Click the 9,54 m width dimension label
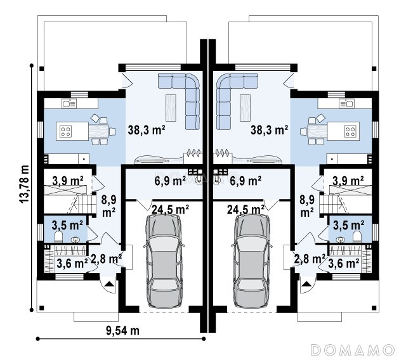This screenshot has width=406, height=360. (x=122, y=330)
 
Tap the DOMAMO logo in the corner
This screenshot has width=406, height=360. (x=353, y=350)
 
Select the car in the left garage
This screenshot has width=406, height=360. (x=164, y=260)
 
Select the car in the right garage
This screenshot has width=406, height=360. (x=252, y=260)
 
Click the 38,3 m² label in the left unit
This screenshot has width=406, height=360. (x=147, y=130)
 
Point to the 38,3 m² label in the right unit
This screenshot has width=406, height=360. (x=269, y=130)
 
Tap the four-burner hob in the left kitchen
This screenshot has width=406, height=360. (x=65, y=131)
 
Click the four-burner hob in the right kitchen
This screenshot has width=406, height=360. (x=350, y=131)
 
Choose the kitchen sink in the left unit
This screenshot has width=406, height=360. (x=69, y=104)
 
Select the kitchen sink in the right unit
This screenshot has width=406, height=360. (x=347, y=104)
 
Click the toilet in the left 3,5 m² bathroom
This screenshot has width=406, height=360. (x=59, y=236)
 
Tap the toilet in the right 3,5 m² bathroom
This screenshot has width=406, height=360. (x=357, y=236)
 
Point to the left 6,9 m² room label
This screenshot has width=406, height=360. (x=170, y=181)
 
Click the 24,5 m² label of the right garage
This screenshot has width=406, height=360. (x=246, y=210)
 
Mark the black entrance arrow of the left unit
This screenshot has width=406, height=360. (x=110, y=284)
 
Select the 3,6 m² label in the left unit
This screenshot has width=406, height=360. (x=72, y=264)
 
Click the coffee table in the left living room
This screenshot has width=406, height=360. (x=171, y=108)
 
